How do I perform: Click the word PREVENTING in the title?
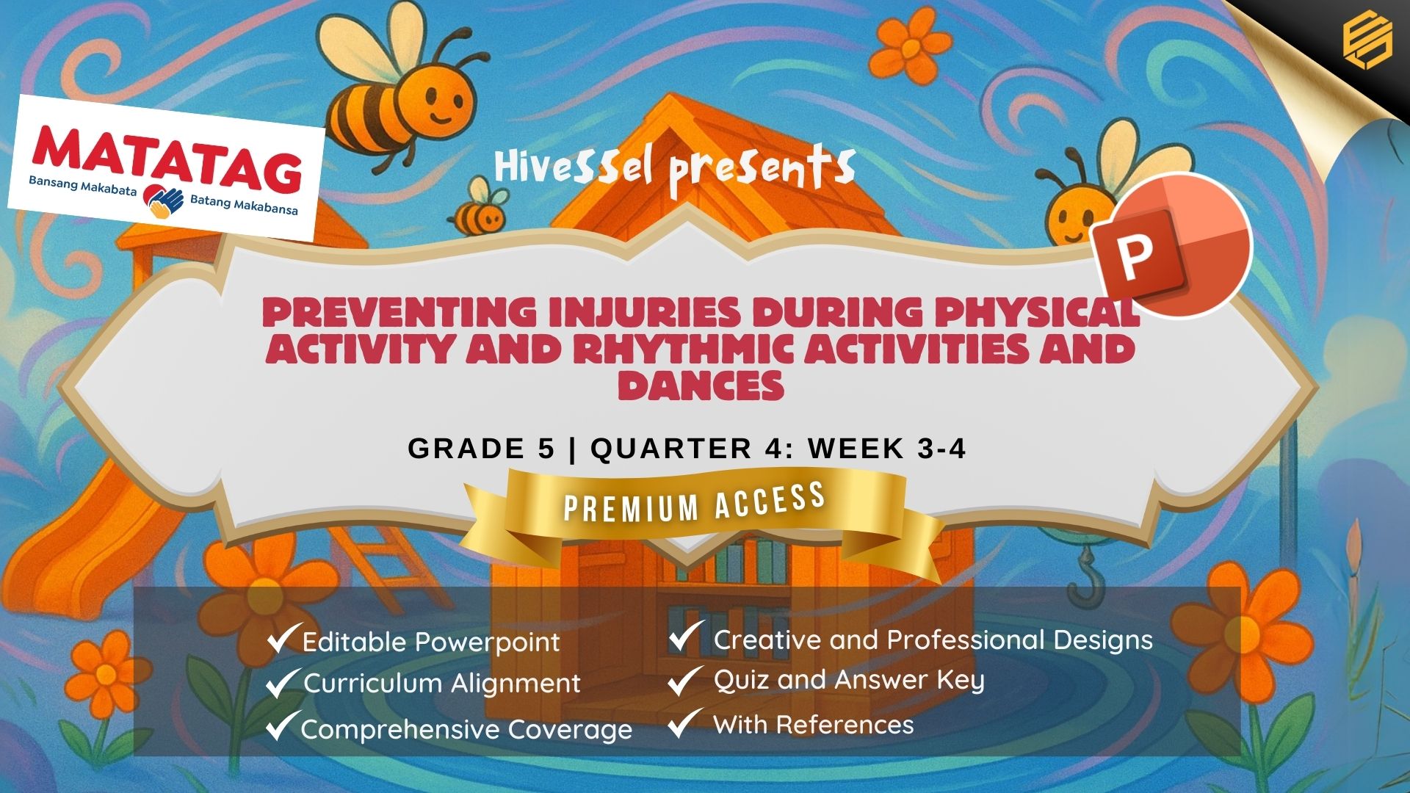(399, 312)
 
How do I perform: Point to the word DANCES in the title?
(701, 385)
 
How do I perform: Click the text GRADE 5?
(481, 448)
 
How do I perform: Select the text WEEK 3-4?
(887, 448)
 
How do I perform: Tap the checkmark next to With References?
(684, 723)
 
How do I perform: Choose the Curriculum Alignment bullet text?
(442, 684)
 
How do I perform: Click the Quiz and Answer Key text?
(849, 681)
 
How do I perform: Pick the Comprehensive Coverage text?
(466, 729)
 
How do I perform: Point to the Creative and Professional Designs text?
(933, 640)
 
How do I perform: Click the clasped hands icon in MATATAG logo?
(163, 200)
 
